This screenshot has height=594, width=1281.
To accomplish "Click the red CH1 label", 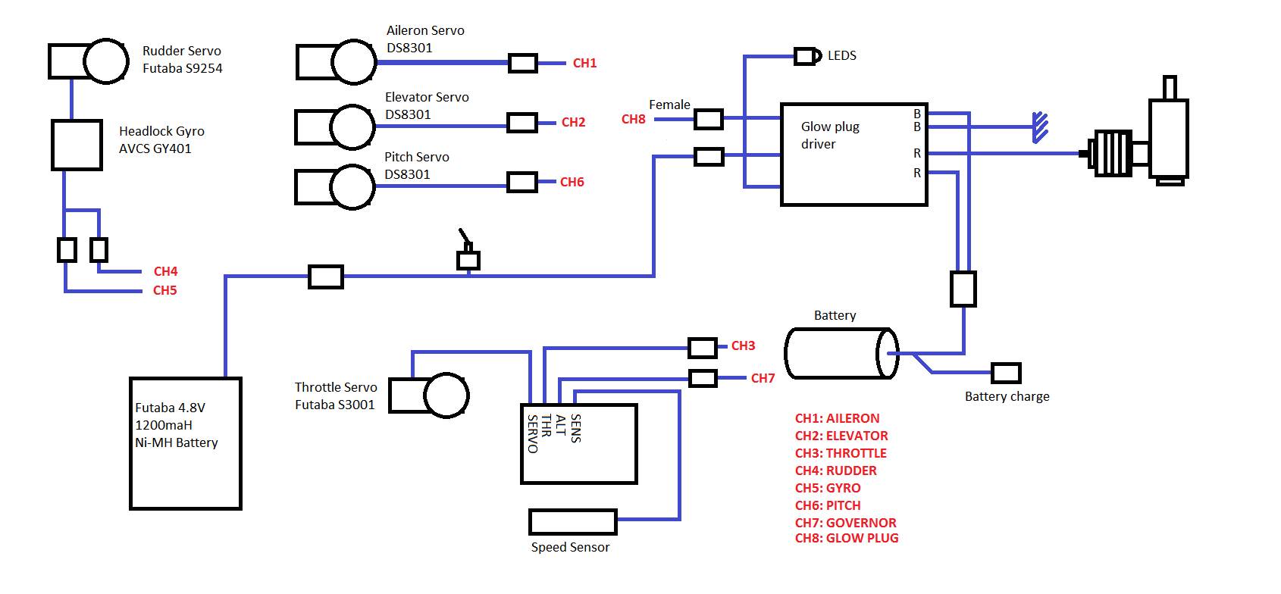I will [x=584, y=63].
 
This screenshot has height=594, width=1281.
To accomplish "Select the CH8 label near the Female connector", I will [x=633, y=119].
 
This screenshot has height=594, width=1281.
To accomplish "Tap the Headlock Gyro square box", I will [x=77, y=145].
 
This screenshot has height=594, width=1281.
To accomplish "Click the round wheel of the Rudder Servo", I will [x=106, y=61].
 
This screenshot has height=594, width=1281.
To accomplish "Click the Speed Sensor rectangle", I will [x=572, y=522].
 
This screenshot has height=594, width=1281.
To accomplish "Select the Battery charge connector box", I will [x=1006, y=373].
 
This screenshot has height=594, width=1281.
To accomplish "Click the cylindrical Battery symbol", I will [x=841, y=353].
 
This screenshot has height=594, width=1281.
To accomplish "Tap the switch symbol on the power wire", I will [x=468, y=254].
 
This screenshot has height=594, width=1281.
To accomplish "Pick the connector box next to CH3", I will [x=702, y=348].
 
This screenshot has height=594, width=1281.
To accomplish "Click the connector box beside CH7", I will [x=703, y=377].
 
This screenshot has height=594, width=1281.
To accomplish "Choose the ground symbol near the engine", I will [x=1040, y=127].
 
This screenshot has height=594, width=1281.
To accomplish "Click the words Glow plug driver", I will [x=829, y=135].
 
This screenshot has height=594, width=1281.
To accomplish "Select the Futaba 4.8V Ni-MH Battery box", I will [x=186, y=443].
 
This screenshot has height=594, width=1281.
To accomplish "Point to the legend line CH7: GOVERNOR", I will [x=845, y=523].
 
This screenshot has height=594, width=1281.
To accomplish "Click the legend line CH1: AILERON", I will [x=837, y=418].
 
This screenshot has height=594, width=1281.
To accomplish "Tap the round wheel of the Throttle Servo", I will [x=446, y=395].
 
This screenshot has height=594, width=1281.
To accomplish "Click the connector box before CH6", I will [x=521, y=182].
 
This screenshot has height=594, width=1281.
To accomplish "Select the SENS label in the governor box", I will [x=576, y=428].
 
